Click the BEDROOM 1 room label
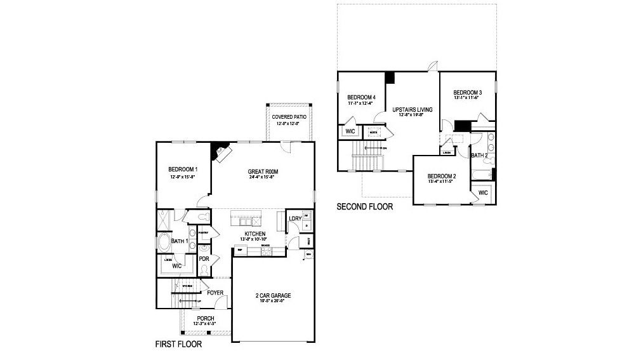coord(183,169)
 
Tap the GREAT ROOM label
coord(263,171)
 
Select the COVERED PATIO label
coord(289,117)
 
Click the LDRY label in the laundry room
coord(294,219)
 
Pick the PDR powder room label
coord(204,259)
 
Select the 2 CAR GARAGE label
coord(273,295)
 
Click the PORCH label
coord(205,318)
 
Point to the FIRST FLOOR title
coord(178,345)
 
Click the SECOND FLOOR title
coord(364,206)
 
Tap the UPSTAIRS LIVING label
coord(412,110)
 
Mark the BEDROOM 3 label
coord(468,93)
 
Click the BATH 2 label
coord(479,155)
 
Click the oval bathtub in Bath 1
coord(164,243)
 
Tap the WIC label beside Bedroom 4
coord(350,131)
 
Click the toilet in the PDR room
coord(204,270)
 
